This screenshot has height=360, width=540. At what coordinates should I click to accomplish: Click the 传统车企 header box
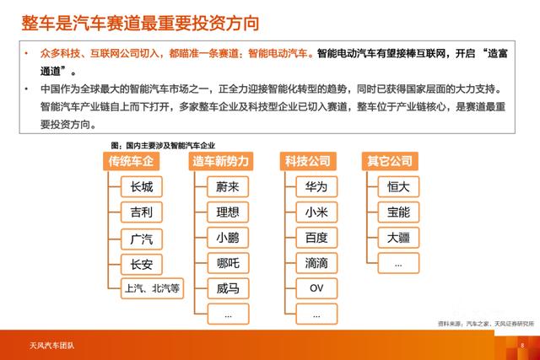(132, 160)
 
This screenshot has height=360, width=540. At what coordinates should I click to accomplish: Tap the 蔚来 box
(228, 187)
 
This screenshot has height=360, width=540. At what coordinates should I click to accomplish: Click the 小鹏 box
(228, 238)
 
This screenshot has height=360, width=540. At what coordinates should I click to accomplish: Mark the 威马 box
(228, 289)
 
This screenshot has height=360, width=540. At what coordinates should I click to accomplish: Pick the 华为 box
(316, 187)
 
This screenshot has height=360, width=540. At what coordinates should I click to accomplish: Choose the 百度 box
(316, 238)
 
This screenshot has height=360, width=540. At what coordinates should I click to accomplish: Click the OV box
(316, 289)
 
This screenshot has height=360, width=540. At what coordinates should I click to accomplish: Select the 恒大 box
(398, 187)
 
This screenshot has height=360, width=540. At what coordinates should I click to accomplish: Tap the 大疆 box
(398, 238)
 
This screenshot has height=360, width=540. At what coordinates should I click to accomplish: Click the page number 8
(521, 345)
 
